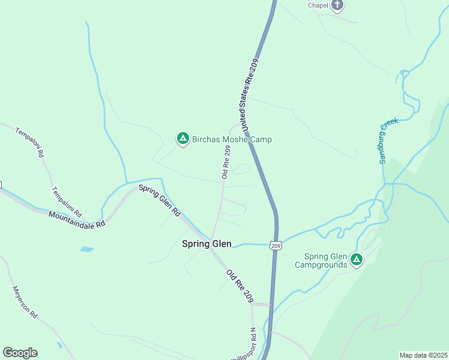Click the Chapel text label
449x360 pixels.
coord(318,5)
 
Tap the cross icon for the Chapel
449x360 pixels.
coord(337,5)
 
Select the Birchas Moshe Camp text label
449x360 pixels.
coord(232,139)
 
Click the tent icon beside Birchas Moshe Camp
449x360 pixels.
coord(182,139)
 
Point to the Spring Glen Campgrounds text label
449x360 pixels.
coord(326,260)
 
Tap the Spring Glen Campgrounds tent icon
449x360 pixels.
coord(357,260)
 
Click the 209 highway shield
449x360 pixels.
coord(276,245)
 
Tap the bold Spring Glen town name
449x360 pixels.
coord(206,244)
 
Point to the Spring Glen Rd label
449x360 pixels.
coord(160,200)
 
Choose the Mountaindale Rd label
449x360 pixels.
coord(77,218)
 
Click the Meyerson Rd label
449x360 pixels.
coord(25,302)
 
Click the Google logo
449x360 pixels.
coord(20,353)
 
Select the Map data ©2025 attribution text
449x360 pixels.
coord(423,355)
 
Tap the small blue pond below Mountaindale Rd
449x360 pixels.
coord(86,248)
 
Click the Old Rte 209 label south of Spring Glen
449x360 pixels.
coord(240,286)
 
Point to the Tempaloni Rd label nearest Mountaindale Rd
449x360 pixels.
coord(67,202)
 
